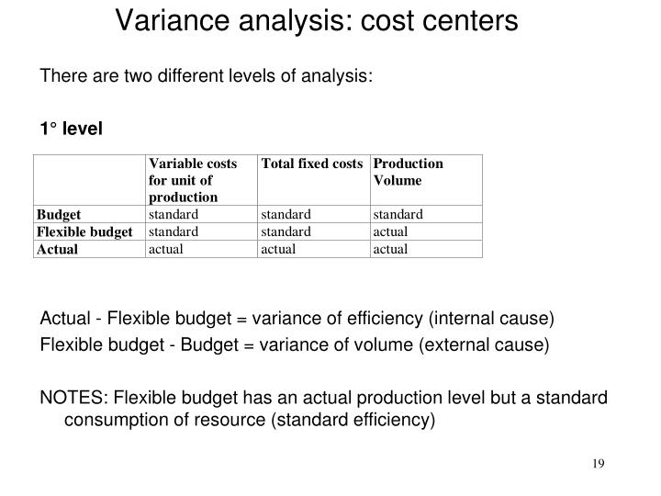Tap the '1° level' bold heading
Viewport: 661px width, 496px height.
72,128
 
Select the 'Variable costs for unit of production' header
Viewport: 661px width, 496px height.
192,180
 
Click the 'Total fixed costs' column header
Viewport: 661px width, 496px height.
312,164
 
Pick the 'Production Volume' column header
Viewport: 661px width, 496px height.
409,172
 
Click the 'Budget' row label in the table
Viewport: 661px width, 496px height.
59,215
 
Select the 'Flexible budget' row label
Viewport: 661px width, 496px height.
84,231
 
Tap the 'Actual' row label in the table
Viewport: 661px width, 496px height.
57,249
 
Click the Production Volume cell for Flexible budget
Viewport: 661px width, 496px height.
390,231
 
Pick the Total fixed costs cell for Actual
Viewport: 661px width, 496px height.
279,249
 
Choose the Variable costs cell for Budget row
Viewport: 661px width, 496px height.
174,215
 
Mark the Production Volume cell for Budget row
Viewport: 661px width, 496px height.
398,215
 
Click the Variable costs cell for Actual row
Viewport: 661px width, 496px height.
166,249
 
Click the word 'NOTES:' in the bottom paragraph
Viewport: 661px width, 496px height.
72,398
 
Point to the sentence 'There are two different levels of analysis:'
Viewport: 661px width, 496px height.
207,75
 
